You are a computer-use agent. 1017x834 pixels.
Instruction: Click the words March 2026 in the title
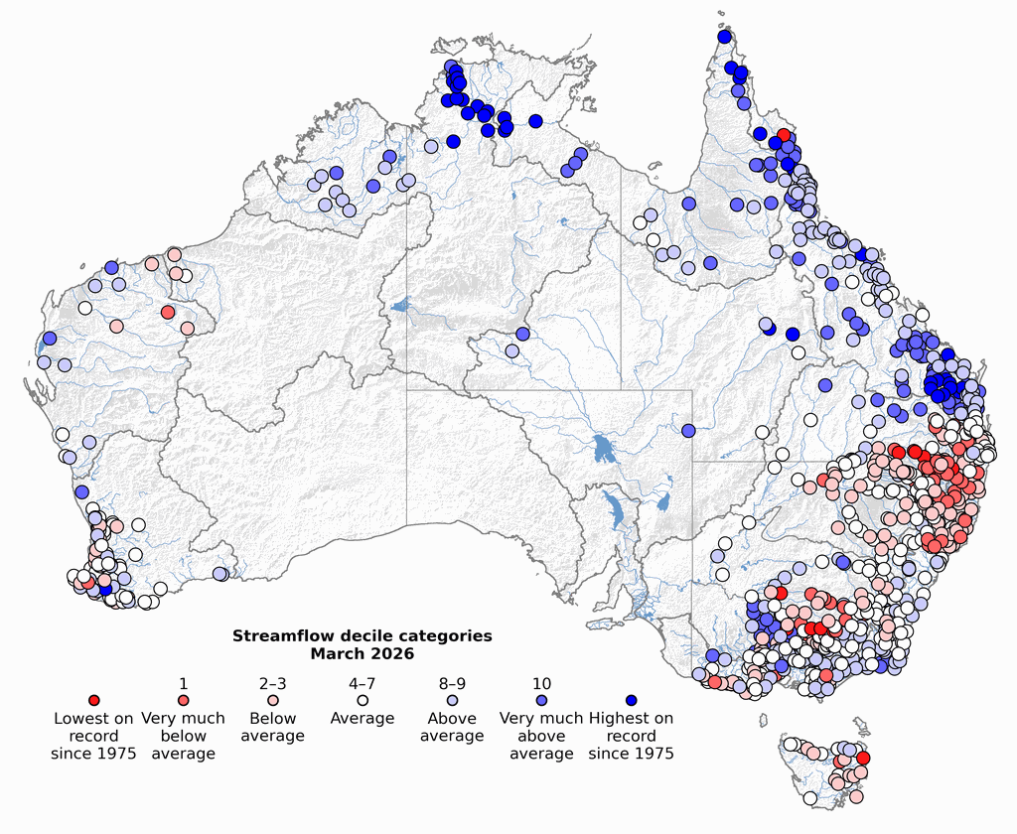(x=362, y=654)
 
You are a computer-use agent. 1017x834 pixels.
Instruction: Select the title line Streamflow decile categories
(x=362, y=636)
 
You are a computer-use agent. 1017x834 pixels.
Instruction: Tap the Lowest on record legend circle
(x=94, y=701)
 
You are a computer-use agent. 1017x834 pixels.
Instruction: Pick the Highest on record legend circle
(x=631, y=701)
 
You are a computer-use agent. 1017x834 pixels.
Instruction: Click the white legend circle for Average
(x=363, y=701)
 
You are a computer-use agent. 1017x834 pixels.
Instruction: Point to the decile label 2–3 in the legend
(x=273, y=684)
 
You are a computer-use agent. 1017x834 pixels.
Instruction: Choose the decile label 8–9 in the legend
(x=452, y=684)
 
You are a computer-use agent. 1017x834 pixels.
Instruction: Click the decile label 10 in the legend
(x=541, y=684)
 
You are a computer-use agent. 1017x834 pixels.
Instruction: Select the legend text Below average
(x=273, y=727)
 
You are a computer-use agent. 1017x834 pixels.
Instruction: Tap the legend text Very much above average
(x=541, y=736)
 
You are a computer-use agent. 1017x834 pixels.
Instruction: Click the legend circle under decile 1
(x=184, y=701)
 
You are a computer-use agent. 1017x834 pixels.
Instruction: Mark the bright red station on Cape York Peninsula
(x=784, y=135)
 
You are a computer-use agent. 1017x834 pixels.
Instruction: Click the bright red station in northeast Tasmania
(x=862, y=758)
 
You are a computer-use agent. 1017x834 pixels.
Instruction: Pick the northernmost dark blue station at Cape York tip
(x=724, y=37)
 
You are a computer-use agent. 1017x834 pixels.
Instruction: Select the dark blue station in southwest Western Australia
(x=106, y=590)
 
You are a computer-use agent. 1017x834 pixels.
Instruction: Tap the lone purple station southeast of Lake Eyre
(x=687, y=431)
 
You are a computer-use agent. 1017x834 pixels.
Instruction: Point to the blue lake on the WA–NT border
(x=400, y=307)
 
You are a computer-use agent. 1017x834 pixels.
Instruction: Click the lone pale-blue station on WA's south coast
(x=219, y=574)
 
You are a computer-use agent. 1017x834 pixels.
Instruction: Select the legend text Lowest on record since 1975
(x=94, y=736)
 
